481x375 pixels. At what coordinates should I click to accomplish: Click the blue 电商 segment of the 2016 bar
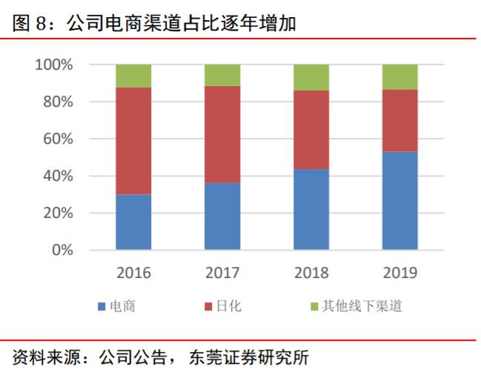[133, 222]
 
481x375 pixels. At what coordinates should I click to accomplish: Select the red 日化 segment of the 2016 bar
[133, 141]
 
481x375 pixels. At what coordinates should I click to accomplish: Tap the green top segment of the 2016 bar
[133, 76]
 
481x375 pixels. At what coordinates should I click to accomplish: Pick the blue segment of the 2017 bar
[222, 216]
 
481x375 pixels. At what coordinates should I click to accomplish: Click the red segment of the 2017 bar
[222, 134]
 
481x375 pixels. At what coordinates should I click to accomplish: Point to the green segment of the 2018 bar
[311, 77]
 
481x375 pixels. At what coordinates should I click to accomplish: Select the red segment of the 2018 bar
[311, 130]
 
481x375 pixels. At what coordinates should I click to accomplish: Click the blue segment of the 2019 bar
[400, 201]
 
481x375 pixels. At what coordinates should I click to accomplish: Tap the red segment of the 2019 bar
[400, 121]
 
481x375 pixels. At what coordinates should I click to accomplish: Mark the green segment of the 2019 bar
[400, 76]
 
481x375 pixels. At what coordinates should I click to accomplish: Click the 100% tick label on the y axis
[54, 65]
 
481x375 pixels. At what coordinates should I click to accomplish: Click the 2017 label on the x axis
[222, 273]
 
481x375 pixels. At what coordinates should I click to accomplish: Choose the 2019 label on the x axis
[400, 273]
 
